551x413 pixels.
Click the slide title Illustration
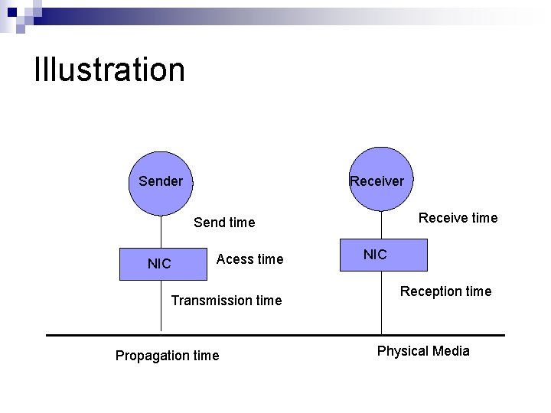pyautogui.click(x=109, y=70)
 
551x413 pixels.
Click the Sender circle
pyautogui.click(x=161, y=182)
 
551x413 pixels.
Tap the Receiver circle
pyautogui.click(x=380, y=180)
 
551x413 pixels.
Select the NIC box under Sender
pyautogui.click(x=160, y=264)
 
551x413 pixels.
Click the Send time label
pyautogui.click(x=224, y=223)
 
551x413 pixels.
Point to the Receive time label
pyautogui.click(x=458, y=218)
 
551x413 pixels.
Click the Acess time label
pyautogui.click(x=249, y=259)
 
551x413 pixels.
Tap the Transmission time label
pyautogui.click(x=227, y=301)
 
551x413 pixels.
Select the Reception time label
pyautogui.click(x=446, y=291)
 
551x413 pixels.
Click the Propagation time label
pyautogui.click(x=167, y=355)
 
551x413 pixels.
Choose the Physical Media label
pyautogui.click(x=423, y=351)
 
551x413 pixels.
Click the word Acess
pyautogui.click(x=234, y=259)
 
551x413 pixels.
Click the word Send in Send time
pyautogui.click(x=209, y=223)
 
